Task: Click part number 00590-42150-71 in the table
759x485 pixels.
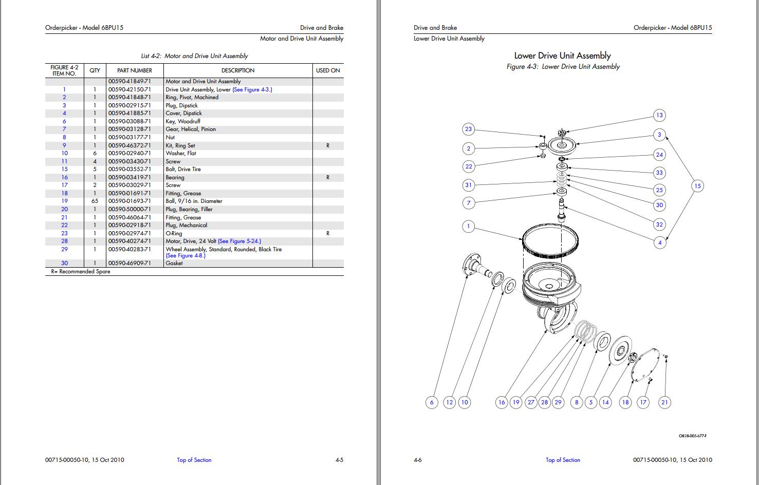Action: [129, 89]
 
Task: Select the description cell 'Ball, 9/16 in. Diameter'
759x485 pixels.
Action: [193, 201]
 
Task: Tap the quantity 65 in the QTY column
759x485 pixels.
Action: [95, 201]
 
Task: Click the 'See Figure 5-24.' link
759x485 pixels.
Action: [239, 241]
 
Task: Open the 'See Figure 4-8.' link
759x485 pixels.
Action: [186, 255]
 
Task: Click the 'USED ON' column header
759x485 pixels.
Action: [328, 70]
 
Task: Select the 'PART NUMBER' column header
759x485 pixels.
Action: [135, 70]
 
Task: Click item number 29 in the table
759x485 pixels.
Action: [64, 249]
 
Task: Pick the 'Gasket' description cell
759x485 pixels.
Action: [174, 263]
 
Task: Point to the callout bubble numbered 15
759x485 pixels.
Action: [697, 186]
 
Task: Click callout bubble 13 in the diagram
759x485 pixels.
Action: [659, 115]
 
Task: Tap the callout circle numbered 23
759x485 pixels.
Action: [468, 129]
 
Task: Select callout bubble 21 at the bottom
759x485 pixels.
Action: [664, 402]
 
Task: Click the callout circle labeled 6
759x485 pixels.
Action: [432, 402]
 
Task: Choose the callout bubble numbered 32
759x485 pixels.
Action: [659, 225]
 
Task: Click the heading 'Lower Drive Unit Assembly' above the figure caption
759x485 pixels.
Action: [563, 55]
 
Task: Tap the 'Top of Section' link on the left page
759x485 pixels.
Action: [194, 460]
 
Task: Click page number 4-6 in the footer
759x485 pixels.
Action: [417, 460]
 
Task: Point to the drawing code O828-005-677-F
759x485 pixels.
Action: [693, 436]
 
